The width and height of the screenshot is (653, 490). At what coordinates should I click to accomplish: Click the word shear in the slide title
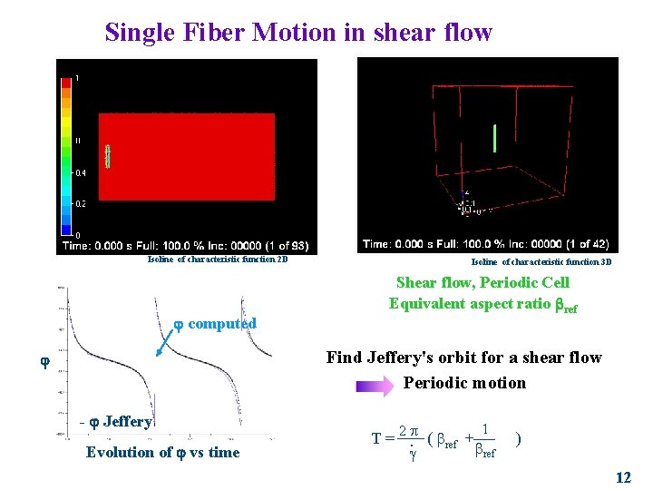click(404, 33)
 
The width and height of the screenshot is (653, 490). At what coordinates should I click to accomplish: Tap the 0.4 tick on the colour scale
click(81, 171)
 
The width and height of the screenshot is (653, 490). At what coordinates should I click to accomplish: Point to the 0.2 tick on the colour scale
click(81, 203)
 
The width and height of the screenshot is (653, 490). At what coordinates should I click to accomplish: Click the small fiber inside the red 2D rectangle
click(107, 156)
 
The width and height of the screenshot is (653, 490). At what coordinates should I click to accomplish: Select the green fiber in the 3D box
click(494, 138)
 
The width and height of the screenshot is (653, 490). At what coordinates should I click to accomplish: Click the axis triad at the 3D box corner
click(467, 207)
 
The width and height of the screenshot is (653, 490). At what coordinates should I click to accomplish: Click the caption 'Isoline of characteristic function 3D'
click(541, 261)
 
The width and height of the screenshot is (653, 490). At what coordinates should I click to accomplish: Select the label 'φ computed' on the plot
click(215, 323)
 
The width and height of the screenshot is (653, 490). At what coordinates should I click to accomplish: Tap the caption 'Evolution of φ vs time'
click(162, 453)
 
